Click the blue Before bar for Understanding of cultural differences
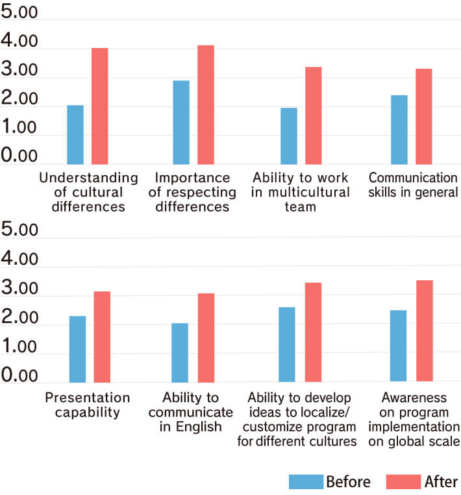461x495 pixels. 75,134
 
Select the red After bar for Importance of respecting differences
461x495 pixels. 206,104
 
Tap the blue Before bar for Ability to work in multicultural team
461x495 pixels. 289,136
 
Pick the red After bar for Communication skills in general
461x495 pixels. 423,116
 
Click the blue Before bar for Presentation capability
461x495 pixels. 77,349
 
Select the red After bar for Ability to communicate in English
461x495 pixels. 206,337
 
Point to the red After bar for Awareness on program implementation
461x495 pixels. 424,331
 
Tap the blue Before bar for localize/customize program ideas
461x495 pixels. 286,344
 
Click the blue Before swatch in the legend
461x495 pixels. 305,481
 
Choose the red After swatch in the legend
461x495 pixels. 403,481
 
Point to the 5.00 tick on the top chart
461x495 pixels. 19,16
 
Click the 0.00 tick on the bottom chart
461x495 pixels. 19,376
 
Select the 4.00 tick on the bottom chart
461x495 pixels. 19,260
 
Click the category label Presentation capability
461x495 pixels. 87,405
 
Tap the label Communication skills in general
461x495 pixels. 413,185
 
